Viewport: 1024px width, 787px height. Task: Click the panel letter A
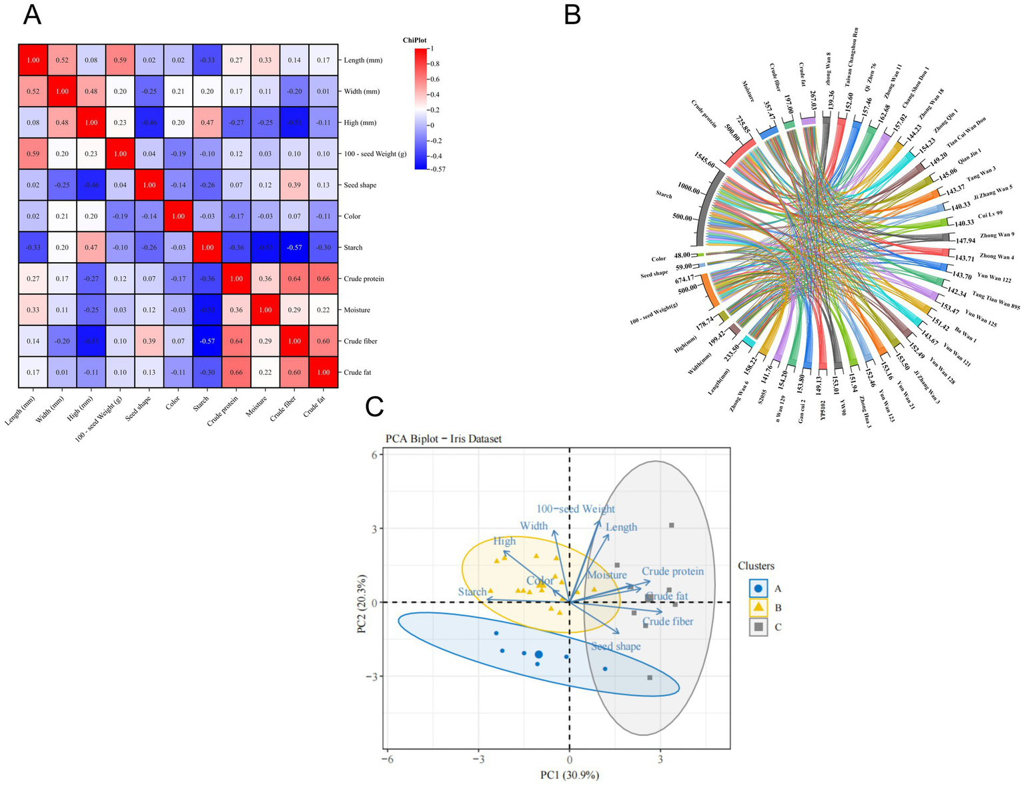pos(31,15)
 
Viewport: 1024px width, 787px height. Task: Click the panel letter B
pos(572,15)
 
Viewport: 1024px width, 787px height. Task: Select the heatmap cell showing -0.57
pos(294,247)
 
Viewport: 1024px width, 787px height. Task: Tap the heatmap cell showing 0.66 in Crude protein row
pos(324,279)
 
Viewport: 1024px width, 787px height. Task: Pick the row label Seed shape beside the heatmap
pos(360,185)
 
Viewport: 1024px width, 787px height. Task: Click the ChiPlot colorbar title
pos(414,40)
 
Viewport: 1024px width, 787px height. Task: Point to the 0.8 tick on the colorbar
pos(434,64)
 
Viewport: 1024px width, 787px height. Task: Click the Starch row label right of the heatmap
pos(353,247)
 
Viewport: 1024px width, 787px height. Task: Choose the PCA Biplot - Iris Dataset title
pos(443,439)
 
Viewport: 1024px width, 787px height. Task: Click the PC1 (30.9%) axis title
pos(569,775)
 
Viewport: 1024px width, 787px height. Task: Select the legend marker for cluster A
pos(758,589)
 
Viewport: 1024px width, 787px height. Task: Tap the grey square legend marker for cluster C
pos(758,627)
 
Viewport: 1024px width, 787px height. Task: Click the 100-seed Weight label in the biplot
pos(576,509)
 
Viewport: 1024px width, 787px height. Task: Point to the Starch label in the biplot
pos(472,592)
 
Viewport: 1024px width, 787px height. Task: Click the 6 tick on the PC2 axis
pos(374,455)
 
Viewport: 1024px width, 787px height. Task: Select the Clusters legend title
pos(756,566)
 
